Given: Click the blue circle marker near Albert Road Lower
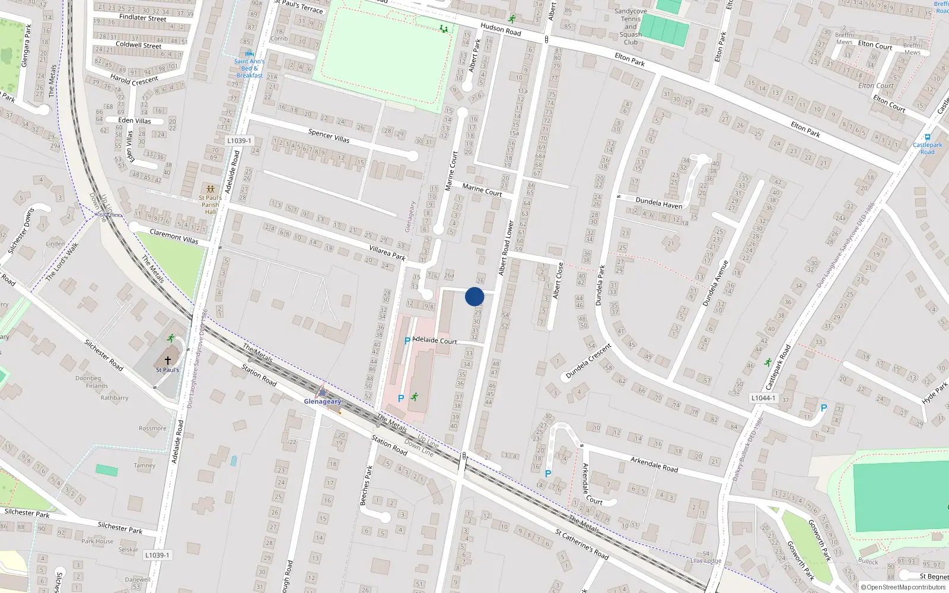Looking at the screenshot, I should (474, 296).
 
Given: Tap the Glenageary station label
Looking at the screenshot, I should (323, 401).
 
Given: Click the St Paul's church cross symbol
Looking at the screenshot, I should (168, 361).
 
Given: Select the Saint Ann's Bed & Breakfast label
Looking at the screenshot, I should (249, 68).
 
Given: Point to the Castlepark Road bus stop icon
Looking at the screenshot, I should (928, 137).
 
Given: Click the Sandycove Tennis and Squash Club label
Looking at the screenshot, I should (630, 27).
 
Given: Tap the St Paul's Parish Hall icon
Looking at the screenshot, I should (210, 189).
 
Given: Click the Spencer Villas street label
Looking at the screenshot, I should (329, 136).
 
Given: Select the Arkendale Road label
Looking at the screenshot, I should (654, 464).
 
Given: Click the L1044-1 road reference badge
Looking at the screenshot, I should (763, 398).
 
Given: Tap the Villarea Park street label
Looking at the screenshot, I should (387, 253).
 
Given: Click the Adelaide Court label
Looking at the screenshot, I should (435, 340).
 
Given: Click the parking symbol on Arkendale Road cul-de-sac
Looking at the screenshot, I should (548, 474).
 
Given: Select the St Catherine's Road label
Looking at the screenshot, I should (582, 544).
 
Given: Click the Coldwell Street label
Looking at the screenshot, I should (138, 45).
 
